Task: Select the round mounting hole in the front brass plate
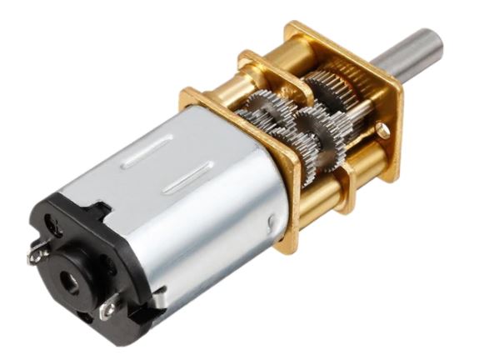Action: [x=382, y=131]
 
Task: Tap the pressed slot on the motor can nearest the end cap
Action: [x=147, y=156]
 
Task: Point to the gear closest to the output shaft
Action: [x=333, y=87]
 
